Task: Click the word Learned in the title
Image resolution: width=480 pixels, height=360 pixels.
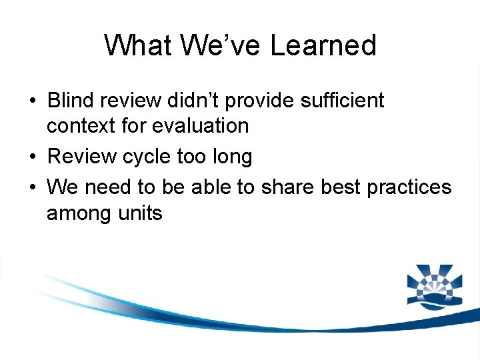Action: (323, 45)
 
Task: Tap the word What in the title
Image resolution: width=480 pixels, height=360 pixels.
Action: (135, 45)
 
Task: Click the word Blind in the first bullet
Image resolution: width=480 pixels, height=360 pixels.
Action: (70, 101)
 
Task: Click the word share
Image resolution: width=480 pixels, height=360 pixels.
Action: (288, 188)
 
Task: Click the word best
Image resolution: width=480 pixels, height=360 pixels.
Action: (341, 188)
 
